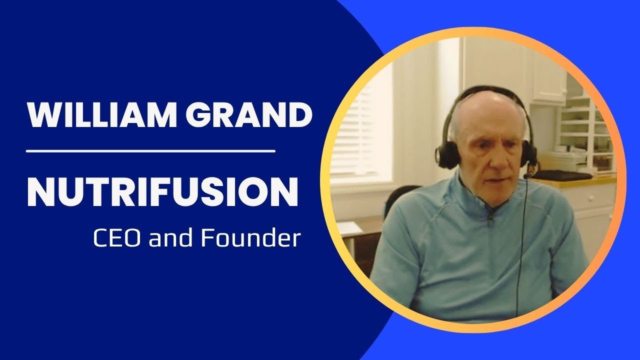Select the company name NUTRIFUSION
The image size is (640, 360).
162,192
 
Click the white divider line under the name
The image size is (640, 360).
150,150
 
